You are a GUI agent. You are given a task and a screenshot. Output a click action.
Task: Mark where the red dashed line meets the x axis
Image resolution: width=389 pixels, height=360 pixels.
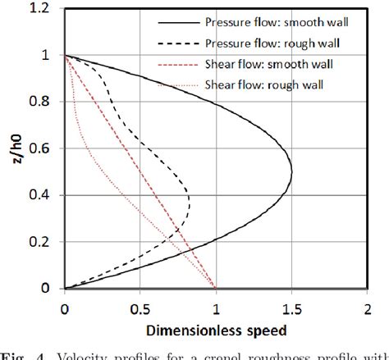(x=216, y=289)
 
